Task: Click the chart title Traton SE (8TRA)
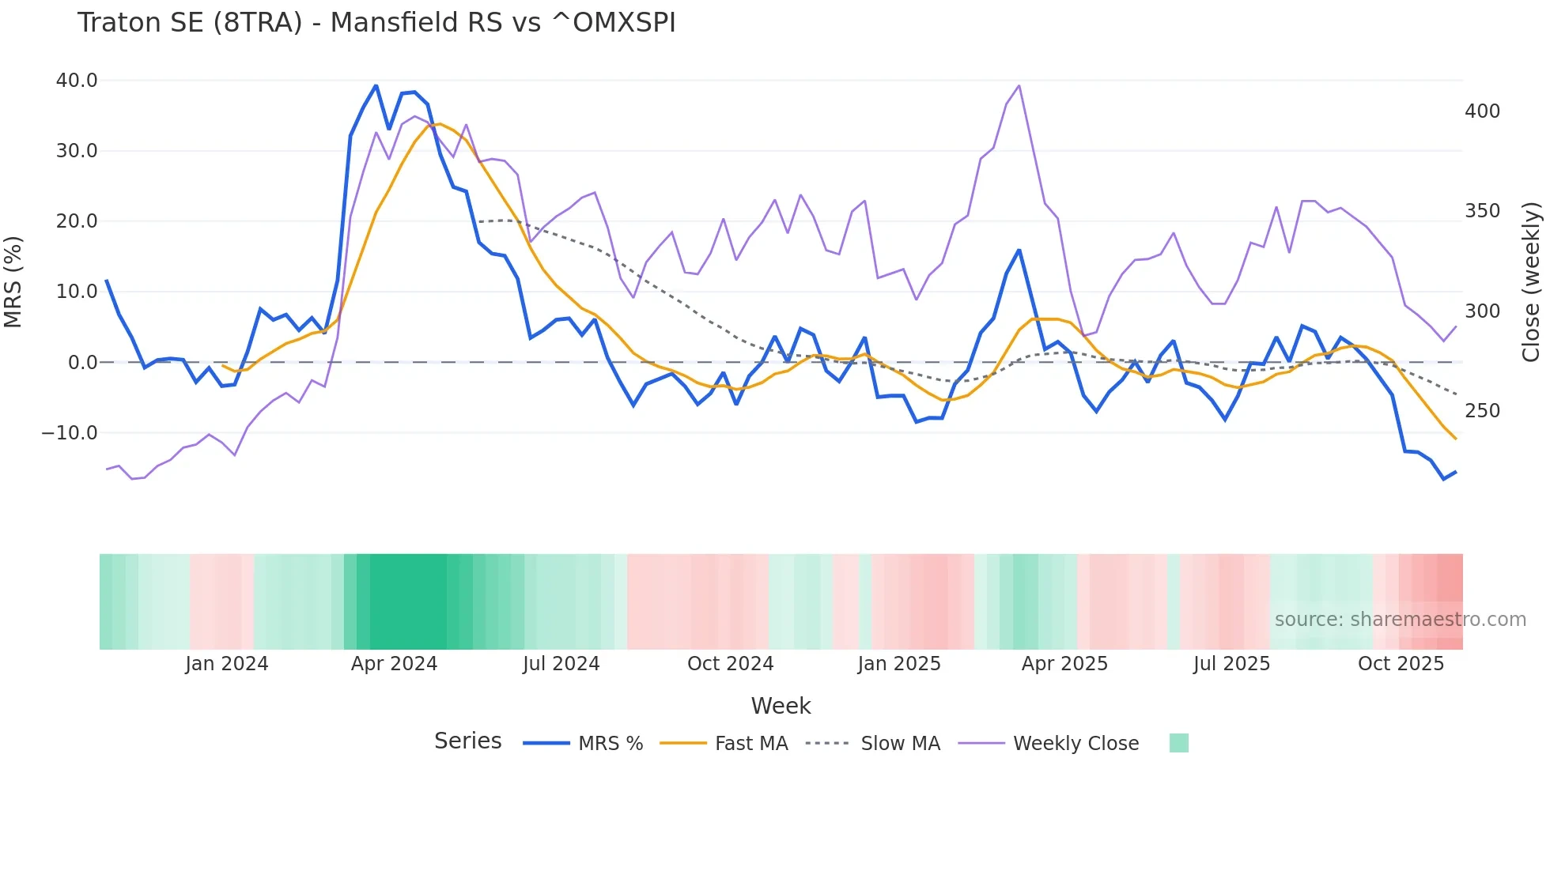(x=376, y=23)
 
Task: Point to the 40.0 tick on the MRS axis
(x=77, y=81)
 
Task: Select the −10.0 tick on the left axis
(x=70, y=433)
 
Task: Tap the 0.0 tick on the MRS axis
(x=82, y=363)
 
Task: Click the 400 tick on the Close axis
(x=1482, y=111)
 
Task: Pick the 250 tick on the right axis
(x=1482, y=411)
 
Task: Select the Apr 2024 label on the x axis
(x=394, y=664)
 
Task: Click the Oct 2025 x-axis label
(x=1401, y=664)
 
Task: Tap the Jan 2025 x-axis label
(x=899, y=664)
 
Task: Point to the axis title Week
(x=781, y=706)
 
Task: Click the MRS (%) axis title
(x=13, y=282)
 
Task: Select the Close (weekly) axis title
(x=1532, y=282)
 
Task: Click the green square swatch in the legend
(x=1178, y=743)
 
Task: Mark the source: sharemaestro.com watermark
(x=1400, y=620)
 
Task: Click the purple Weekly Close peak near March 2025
(x=1019, y=85)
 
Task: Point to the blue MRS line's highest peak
(x=376, y=85)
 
